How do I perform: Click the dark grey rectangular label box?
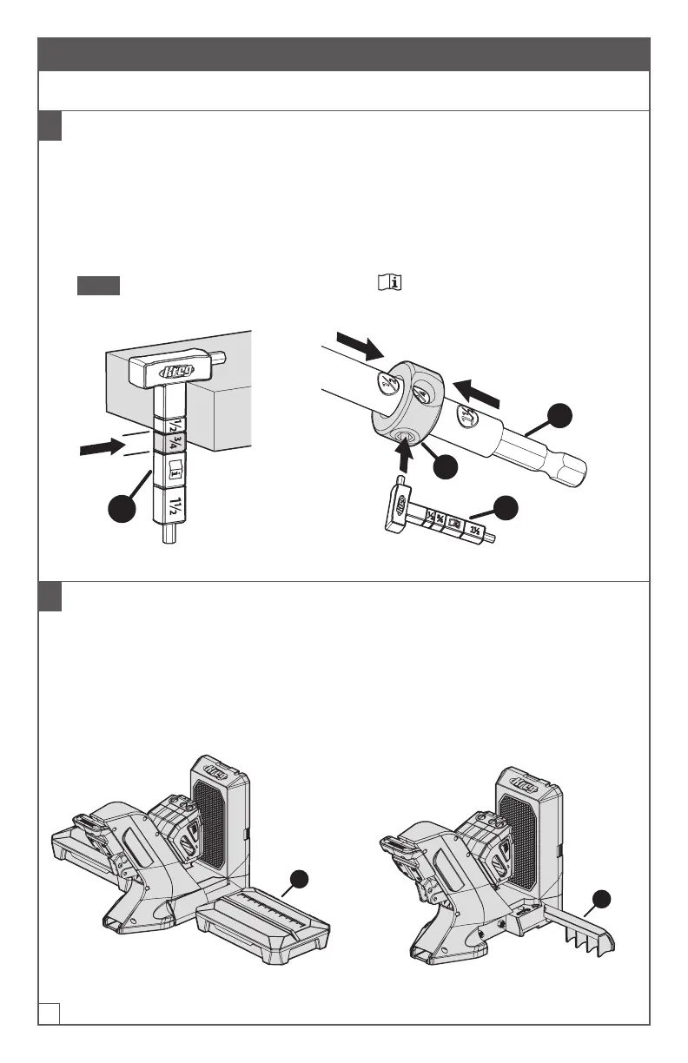pyautogui.click(x=97, y=285)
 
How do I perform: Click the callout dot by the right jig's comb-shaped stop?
pyautogui.click(x=606, y=899)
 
